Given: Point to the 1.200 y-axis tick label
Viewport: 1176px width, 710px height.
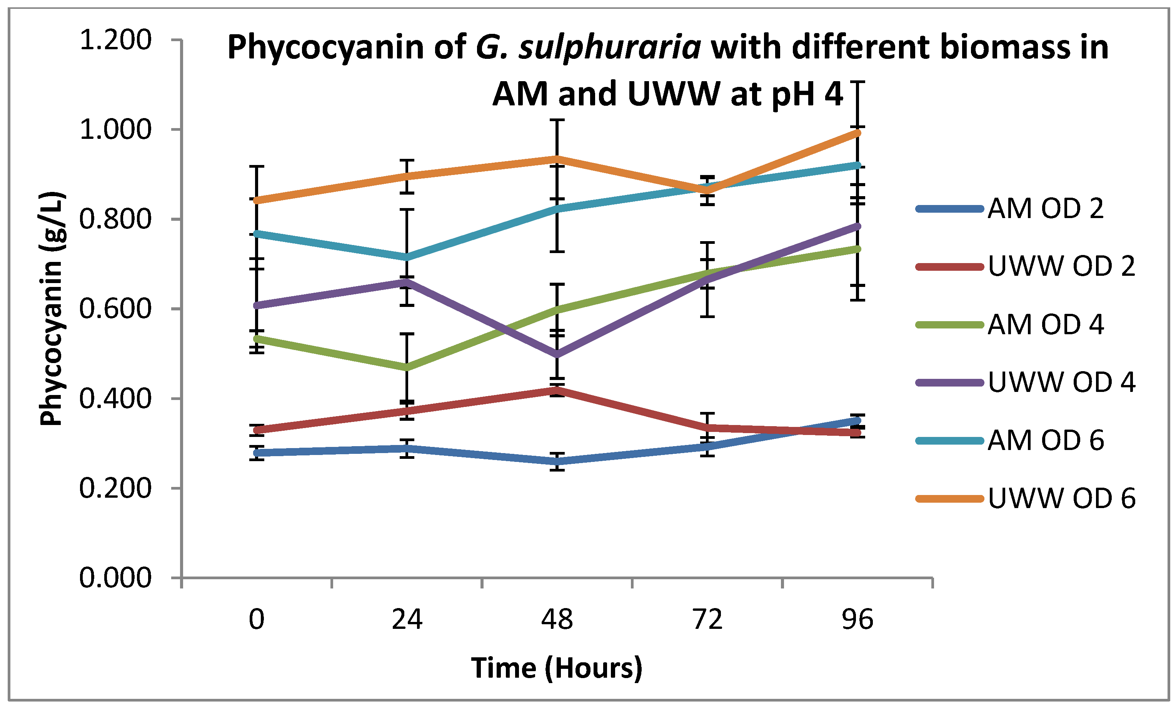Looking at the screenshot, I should (x=115, y=40).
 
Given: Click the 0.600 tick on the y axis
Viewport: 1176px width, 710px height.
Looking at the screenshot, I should (x=115, y=309).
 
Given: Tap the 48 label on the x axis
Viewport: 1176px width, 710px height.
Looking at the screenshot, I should (x=557, y=620).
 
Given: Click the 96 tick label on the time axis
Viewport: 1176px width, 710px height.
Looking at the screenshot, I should (x=857, y=620).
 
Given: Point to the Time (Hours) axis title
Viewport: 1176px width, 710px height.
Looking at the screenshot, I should (x=557, y=668).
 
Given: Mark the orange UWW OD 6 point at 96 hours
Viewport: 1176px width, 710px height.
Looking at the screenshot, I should (x=857, y=133).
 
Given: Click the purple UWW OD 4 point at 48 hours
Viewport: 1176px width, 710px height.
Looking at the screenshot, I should (x=557, y=355).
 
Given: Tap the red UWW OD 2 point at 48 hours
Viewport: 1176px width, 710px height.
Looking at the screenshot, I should (x=557, y=390).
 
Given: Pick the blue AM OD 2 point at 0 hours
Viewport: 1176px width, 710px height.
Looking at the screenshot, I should (x=257, y=453).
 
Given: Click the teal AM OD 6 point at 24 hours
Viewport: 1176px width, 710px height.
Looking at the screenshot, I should (x=407, y=258).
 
